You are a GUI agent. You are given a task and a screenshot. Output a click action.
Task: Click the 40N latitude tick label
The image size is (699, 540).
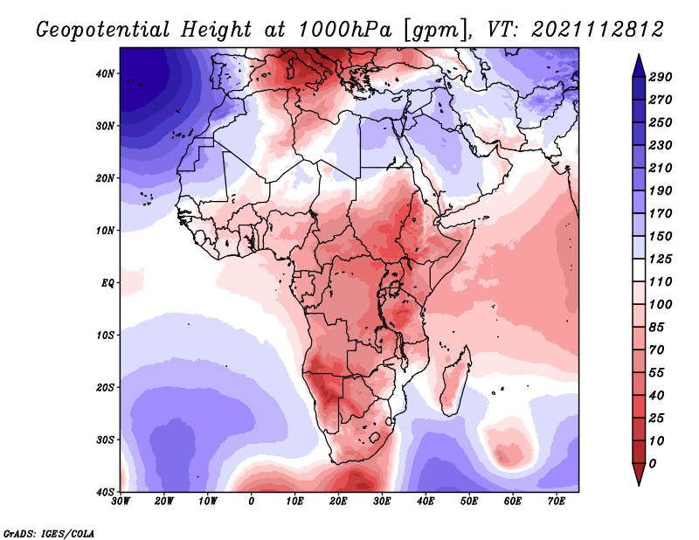pyautogui.click(x=105, y=73)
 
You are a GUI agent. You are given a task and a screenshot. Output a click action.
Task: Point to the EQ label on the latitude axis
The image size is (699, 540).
pyautogui.click(x=107, y=283)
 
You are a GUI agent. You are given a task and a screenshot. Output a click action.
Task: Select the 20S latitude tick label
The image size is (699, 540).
pyautogui.click(x=105, y=387)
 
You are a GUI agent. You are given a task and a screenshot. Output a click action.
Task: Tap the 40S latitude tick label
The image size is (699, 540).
pyautogui.click(x=105, y=492)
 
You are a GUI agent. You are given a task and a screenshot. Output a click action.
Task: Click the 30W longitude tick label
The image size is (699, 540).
pyautogui.click(x=121, y=502)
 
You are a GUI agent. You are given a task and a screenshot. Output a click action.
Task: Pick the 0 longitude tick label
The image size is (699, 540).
pyautogui.click(x=252, y=502)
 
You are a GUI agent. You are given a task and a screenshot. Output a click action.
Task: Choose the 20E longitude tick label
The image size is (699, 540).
pyautogui.click(x=338, y=502)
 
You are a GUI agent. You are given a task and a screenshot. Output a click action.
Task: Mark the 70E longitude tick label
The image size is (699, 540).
pyautogui.click(x=557, y=502)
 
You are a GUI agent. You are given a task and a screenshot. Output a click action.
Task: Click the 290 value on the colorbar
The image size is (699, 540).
pyautogui.click(x=661, y=77)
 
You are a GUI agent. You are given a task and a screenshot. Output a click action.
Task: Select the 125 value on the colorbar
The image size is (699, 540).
pyautogui.click(x=661, y=259)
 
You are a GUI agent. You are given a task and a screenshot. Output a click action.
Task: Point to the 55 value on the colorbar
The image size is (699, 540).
pyautogui.click(x=656, y=373)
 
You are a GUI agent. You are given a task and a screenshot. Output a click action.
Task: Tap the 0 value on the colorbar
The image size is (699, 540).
pyautogui.click(x=653, y=464)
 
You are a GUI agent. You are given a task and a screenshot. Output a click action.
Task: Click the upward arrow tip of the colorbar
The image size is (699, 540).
pyautogui.click(x=639, y=55)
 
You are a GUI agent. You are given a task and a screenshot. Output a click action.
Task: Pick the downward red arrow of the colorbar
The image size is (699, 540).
pyautogui.click(x=639, y=474)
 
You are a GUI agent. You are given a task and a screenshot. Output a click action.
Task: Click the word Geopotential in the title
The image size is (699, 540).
pyautogui.click(x=103, y=31)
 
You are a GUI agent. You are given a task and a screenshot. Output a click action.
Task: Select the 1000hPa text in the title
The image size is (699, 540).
pyautogui.click(x=344, y=30)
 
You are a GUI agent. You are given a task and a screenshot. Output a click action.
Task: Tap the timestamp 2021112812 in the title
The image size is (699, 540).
pyautogui.click(x=598, y=30)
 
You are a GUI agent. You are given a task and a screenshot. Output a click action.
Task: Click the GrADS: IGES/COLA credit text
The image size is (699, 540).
pyautogui.click(x=49, y=534)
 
